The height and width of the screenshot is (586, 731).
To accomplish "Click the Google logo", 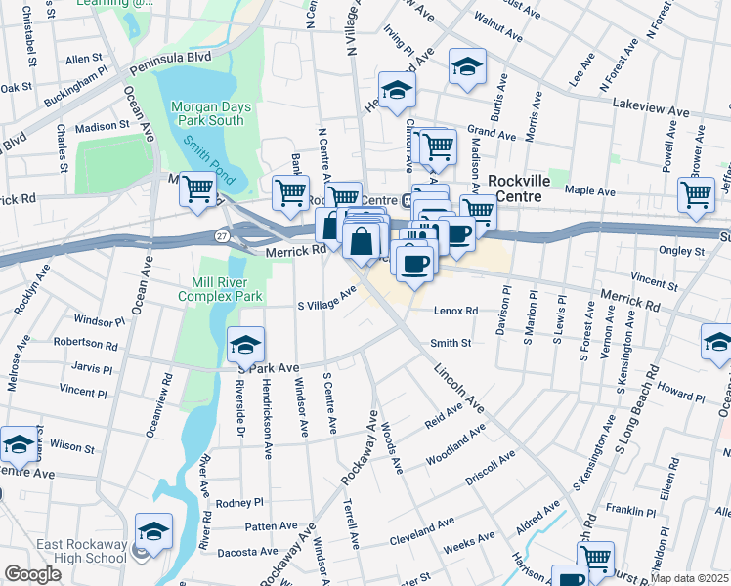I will coord(32,574).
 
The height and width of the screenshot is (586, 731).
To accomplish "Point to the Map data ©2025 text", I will coord(690,578).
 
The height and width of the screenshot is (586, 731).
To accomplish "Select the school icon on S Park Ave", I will coord(245,344).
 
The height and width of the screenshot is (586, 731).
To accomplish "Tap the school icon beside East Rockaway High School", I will coord(152,531).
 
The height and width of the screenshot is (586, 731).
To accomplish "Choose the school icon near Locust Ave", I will coord(467,67).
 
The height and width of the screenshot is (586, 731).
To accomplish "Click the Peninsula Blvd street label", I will coord(173,58).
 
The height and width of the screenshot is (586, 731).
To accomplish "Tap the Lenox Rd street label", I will coord(454,312).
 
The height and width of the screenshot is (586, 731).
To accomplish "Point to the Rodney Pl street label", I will coord(239,503).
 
